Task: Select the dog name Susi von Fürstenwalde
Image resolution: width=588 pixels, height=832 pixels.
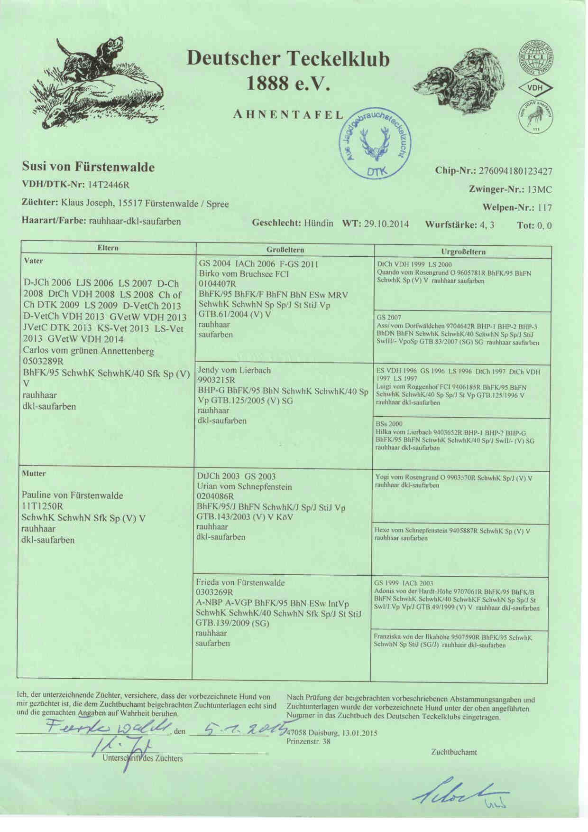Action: click(x=88, y=167)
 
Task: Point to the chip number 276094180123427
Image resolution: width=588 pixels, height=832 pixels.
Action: click(x=516, y=171)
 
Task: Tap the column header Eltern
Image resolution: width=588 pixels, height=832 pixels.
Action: click(x=108, y=248)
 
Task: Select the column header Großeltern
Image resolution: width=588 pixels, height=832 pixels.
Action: click(x=285, y=250)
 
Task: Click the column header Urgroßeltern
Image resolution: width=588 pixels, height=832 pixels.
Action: click(x=463, y=252)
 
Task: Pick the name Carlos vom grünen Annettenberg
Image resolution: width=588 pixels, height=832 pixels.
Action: click(x=89, y=351)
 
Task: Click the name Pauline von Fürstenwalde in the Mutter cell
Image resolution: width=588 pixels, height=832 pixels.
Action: click(x=73, y=495)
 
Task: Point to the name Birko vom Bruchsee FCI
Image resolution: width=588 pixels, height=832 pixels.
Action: click(x=244, y=274)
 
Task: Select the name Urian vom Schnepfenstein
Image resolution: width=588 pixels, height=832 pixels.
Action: click(x=244, y=486)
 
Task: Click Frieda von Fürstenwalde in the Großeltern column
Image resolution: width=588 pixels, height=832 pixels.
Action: click(x=240, y=582)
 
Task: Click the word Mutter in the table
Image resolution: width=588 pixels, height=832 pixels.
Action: click(x=34, y=473)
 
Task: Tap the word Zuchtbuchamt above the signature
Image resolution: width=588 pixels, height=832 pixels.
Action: click(x=454, y=752)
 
